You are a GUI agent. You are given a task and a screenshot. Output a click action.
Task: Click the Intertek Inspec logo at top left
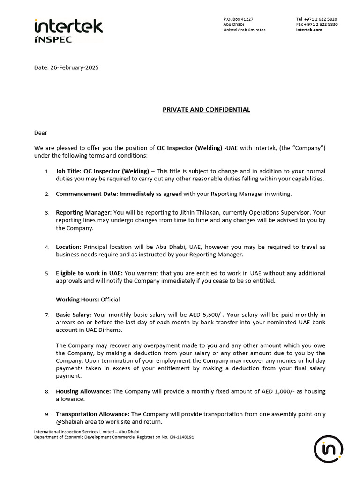[x=68, y=30]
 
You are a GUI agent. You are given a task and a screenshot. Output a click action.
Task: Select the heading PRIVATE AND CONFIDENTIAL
[x=206, y=110]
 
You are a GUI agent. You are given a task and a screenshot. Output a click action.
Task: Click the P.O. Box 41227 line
[x=238, y=19]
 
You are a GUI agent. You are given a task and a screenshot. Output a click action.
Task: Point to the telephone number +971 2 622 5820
[x=321, y=19]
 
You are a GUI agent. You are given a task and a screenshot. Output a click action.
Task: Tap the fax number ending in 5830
[x=321, y=24]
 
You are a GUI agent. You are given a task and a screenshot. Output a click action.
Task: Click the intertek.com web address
[x=309, y=30]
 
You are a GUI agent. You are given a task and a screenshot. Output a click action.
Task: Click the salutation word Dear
[x=41, y=133]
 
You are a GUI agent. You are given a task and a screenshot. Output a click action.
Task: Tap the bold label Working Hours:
[x=77, y=300]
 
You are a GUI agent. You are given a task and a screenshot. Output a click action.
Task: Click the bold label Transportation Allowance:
[x=93, y=414]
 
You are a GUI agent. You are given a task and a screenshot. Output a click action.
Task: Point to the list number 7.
[x=47, y=315]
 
